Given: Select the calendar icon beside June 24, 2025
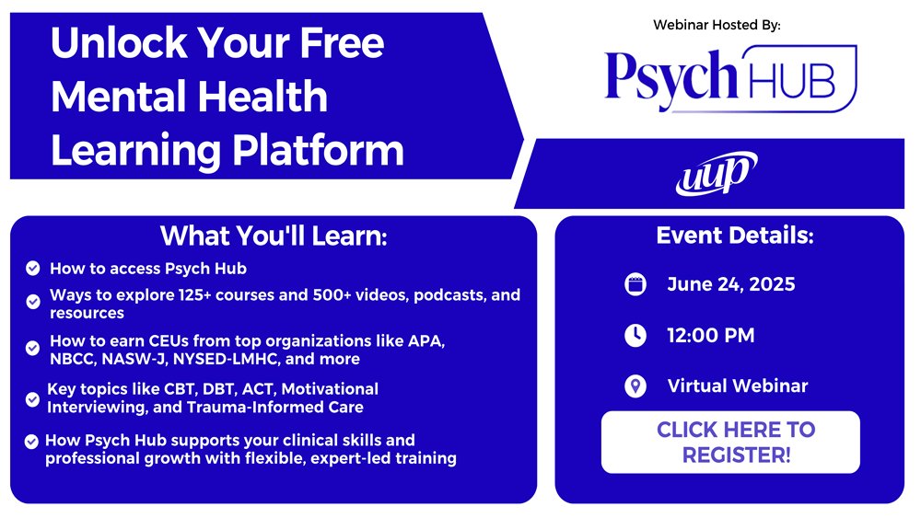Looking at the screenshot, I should (635, 284).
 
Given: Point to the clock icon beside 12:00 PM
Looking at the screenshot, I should (635, 336).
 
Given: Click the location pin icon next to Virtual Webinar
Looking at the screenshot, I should (635, 386).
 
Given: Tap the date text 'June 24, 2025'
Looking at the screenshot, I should (730, 284).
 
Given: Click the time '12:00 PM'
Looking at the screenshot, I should (710, 336).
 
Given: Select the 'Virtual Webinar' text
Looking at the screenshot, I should (737, 386).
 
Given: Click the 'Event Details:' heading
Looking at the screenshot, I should (735, 236).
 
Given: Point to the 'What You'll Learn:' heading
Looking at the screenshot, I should (274, 236).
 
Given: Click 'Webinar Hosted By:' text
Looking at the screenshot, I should (717, 25).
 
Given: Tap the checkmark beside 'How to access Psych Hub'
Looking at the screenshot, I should (32, 269).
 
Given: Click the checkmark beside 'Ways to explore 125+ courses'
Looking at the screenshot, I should (32, 302).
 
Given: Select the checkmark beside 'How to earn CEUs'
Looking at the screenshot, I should (32, 349).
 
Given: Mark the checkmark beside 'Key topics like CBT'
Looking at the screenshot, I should (32, 398).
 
